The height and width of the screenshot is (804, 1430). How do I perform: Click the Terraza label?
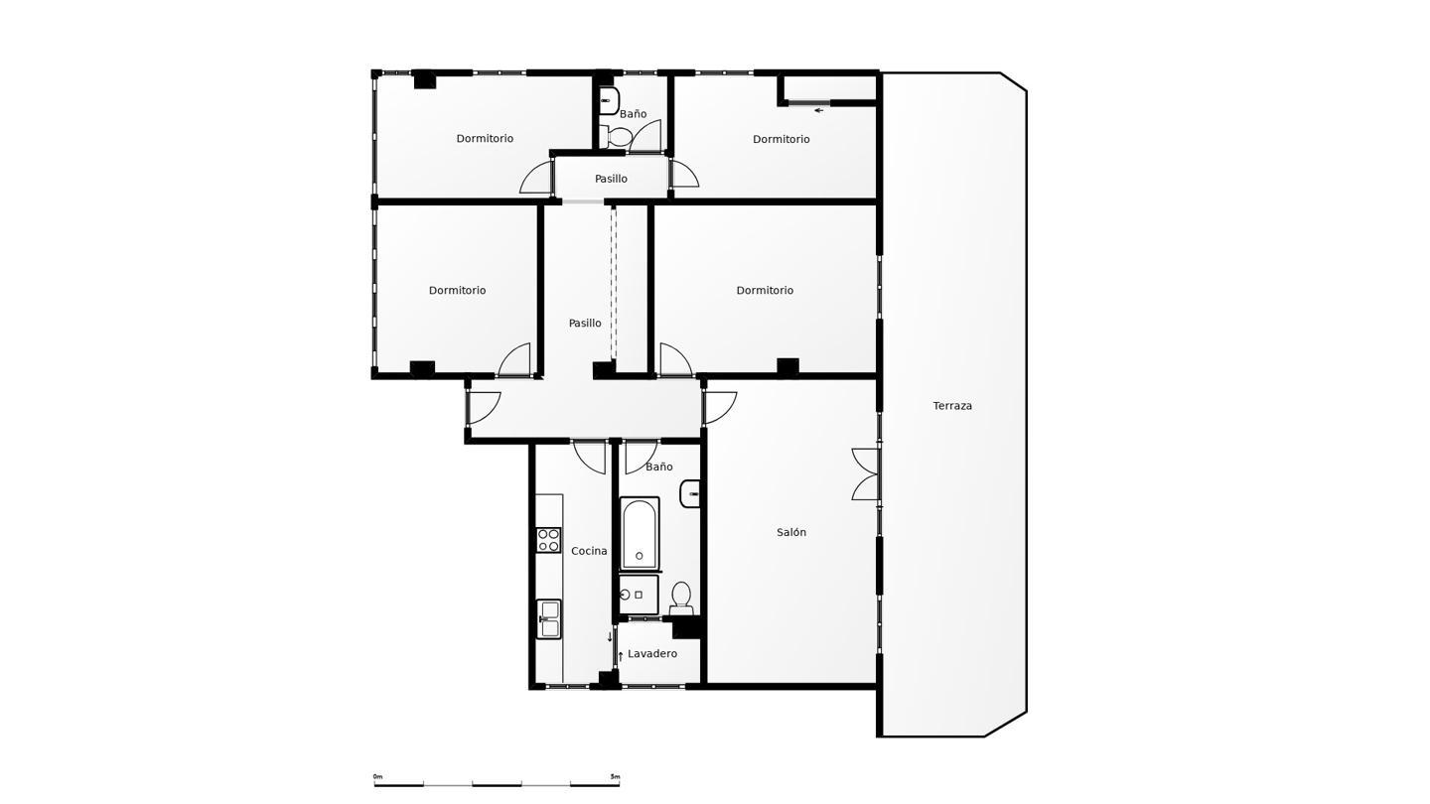951,406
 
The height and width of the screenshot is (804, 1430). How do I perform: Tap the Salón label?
790,532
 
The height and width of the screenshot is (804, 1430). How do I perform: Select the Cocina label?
589,551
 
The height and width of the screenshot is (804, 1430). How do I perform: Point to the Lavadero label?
651,654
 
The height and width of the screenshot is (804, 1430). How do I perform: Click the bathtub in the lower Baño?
640,533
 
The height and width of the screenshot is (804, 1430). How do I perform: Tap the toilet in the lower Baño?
681,599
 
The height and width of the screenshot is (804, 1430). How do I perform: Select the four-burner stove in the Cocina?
548,540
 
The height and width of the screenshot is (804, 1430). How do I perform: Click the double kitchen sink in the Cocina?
548,619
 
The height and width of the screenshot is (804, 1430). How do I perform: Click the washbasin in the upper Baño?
610,101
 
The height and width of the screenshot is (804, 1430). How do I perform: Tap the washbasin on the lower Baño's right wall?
690,493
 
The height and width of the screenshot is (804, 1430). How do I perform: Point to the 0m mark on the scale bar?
377,776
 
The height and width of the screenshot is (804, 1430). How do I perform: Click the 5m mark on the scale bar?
615,776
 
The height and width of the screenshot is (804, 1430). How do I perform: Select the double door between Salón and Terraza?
866,474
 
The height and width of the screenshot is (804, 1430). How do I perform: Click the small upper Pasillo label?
611,179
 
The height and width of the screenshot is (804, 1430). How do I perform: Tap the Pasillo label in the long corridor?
585,324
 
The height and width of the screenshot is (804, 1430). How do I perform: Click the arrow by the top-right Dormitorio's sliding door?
818,110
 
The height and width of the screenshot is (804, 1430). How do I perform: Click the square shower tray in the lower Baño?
639,595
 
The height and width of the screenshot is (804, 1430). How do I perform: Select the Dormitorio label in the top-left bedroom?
485,139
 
